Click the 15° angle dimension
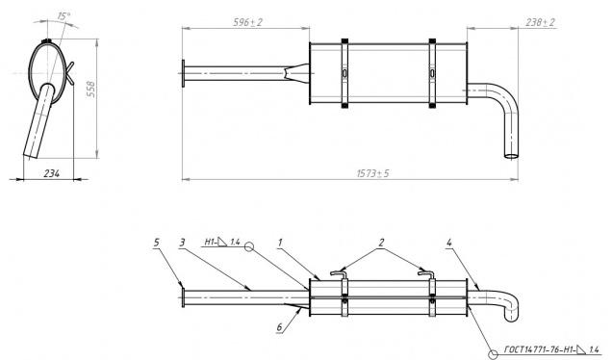[64, 16]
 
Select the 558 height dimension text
[90, 90]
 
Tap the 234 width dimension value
[52, 174]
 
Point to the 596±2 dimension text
[247, 22]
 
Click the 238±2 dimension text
[540, 22]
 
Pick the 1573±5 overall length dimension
[373, 173]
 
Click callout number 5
[156, 243]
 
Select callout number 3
[182, 243]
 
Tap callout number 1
[280, 243]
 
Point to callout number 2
[381, 243]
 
